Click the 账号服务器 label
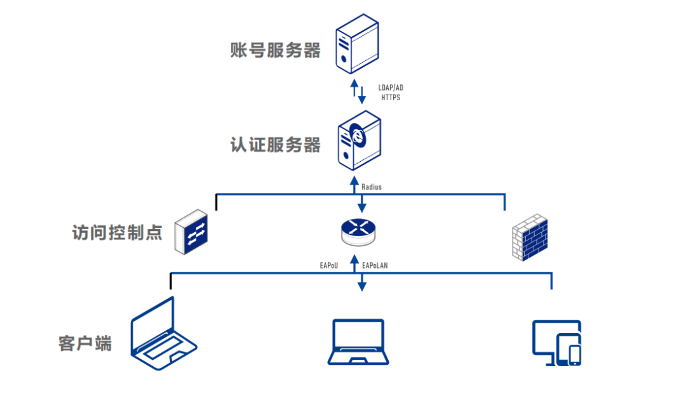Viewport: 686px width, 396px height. click(276, 50)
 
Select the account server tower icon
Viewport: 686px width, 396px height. click(358, 46)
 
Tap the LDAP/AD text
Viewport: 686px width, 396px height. click(391, 88)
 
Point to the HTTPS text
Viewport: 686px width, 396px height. click(391, 98)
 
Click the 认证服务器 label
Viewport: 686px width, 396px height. click(276, 145)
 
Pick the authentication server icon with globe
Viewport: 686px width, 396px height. click(360, 141)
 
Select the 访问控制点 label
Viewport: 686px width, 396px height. click(118, 232)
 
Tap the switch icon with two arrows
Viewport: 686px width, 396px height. click(193, 232)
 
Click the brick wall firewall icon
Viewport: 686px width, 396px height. click(529, 237)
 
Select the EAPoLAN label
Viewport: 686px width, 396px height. click(375, 265)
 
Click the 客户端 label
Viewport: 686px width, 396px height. click(85, 344)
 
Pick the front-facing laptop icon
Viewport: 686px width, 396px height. click(359, 342)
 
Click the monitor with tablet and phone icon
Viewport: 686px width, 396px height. click(556, 343)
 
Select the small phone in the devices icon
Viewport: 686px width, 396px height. click(574, 354)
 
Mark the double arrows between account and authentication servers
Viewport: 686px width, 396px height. click(359, 91)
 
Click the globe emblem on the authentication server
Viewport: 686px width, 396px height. click(360, 135)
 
